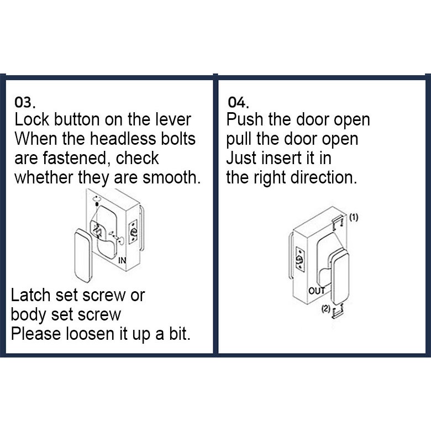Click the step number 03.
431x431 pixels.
click(x=25, y=103)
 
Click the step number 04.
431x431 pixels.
click(x=238, y=103)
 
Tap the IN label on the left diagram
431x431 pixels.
click(x=122, y=260)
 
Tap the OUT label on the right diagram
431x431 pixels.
click(x=317, y=291)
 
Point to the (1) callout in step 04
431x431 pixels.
click(x=354, y=217)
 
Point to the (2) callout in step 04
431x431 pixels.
click(x=325, y=309)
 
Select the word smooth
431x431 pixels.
click(x=171, y=177)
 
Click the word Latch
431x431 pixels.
click(x=30, y=295)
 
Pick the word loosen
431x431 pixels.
click(x=90, y=334)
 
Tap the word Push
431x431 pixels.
click(x=245, y=119)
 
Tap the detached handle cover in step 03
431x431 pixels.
click(x=82, y=256)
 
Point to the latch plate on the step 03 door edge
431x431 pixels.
click(x=133, y=232)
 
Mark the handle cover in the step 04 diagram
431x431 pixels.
click(x=340, y=276)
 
